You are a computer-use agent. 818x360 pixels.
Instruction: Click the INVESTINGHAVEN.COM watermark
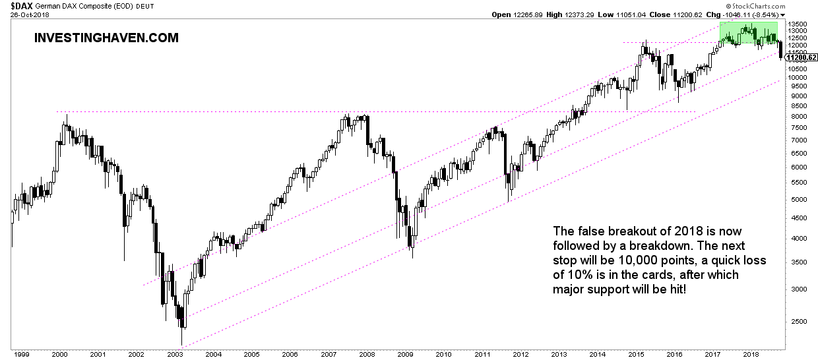point(106,38)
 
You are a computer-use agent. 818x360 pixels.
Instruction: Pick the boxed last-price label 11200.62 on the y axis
point(802,57)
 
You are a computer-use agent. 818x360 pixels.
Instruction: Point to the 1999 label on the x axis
point(20,354)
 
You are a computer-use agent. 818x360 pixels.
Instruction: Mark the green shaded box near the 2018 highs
point(748,32)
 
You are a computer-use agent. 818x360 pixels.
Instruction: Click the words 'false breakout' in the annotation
point(611,231)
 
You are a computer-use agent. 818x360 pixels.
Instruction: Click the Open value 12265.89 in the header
point(528,14)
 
